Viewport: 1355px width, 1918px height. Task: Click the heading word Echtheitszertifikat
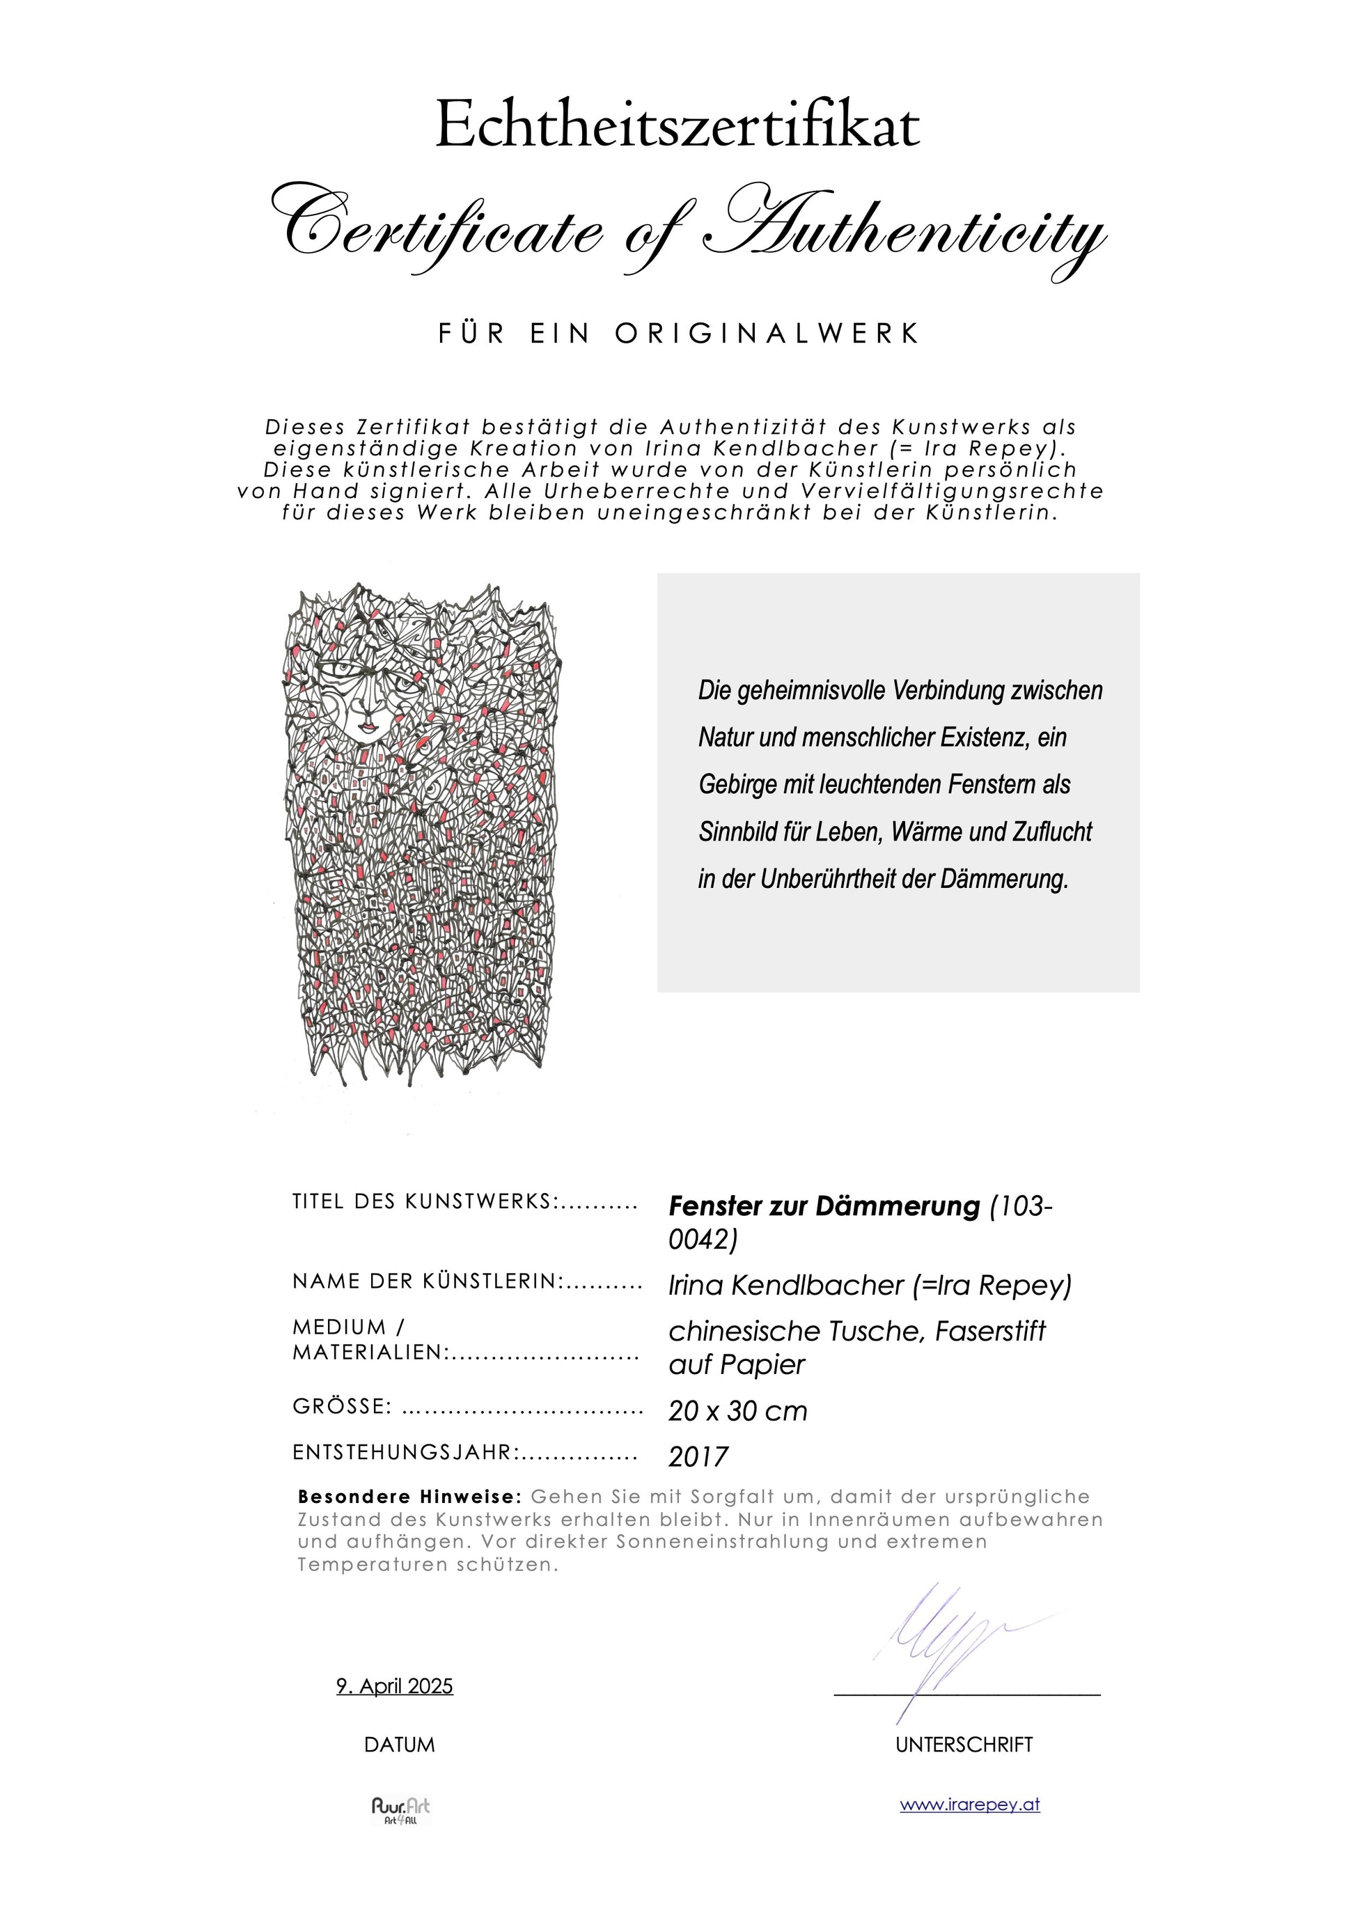(677, 125)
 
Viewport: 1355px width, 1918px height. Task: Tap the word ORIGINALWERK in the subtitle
(767, 334)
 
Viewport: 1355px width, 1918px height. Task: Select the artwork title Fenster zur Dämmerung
(824, 1206)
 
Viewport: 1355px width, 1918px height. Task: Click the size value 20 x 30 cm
(737, 1411)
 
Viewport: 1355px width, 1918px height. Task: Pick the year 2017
(698, 1457)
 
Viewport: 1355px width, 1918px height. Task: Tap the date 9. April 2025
(394, 1686)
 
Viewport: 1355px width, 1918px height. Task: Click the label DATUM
(399, 1745)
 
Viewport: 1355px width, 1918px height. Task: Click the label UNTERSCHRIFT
(964, 1745)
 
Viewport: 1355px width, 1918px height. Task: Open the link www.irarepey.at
(969, 1804)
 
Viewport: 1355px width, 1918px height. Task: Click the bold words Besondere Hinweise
(409, 1496)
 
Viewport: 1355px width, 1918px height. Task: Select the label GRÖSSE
(342, 1407)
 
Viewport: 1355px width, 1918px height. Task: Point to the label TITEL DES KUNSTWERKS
(422, 1202)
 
